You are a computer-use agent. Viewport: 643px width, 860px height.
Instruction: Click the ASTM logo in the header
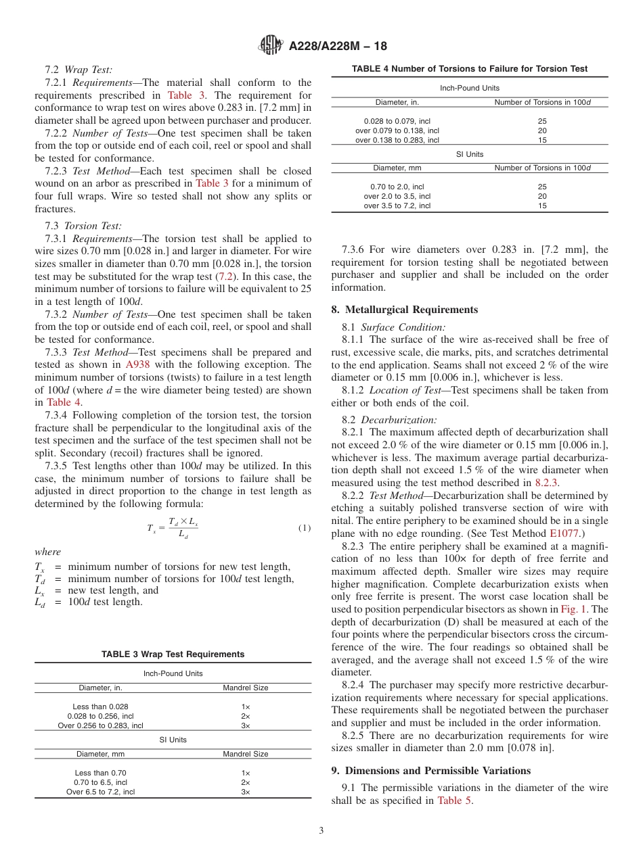click(271, 45)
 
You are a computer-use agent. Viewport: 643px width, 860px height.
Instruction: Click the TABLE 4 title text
click(470, 69)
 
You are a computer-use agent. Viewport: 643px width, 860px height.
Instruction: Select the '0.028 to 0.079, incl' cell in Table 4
click(397, 121)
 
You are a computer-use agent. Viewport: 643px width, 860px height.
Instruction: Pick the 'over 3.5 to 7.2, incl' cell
click(397, 206)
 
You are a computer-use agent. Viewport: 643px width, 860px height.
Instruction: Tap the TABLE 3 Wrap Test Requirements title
click(173, 654)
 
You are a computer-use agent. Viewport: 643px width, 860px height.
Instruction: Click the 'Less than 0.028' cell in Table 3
click(100, 707)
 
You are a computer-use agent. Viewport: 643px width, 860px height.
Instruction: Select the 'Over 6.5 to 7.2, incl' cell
click(100, 792)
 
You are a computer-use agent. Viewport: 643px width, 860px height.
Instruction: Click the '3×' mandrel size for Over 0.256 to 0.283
click(246, 725)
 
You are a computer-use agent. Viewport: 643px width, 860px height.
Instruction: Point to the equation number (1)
click(304, 528)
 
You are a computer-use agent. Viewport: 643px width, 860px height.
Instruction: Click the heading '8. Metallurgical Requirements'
click(405, 310)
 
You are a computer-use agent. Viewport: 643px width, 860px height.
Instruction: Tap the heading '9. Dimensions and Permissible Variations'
click(430, 771)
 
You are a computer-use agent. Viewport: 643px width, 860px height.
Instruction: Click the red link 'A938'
click(138, 365)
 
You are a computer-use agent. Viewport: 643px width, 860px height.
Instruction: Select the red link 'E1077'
click(563, 533)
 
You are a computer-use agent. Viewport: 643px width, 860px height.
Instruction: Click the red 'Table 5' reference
click(455, 801)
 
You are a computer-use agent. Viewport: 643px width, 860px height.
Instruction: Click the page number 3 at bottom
click(321, 831)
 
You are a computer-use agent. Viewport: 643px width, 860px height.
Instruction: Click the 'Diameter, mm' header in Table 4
click(397, 168)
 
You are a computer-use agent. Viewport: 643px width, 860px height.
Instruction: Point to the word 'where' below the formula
click(47, 552)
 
